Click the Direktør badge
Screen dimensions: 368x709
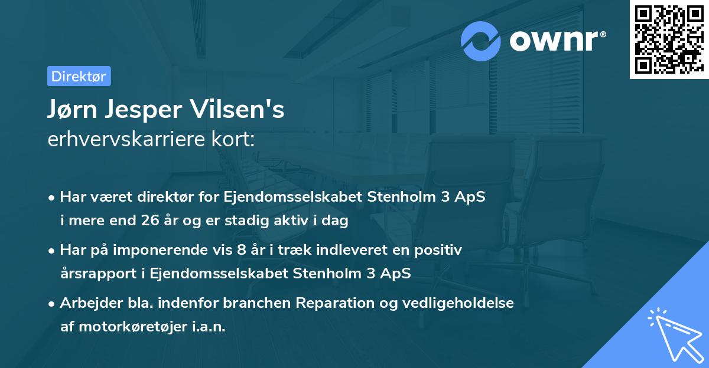point(79,76)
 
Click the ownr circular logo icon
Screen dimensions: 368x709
point(481,41)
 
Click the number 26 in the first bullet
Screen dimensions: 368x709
point(150,221)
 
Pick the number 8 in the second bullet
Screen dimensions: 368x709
point(241,250)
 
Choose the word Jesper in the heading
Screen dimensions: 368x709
point(149,110)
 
